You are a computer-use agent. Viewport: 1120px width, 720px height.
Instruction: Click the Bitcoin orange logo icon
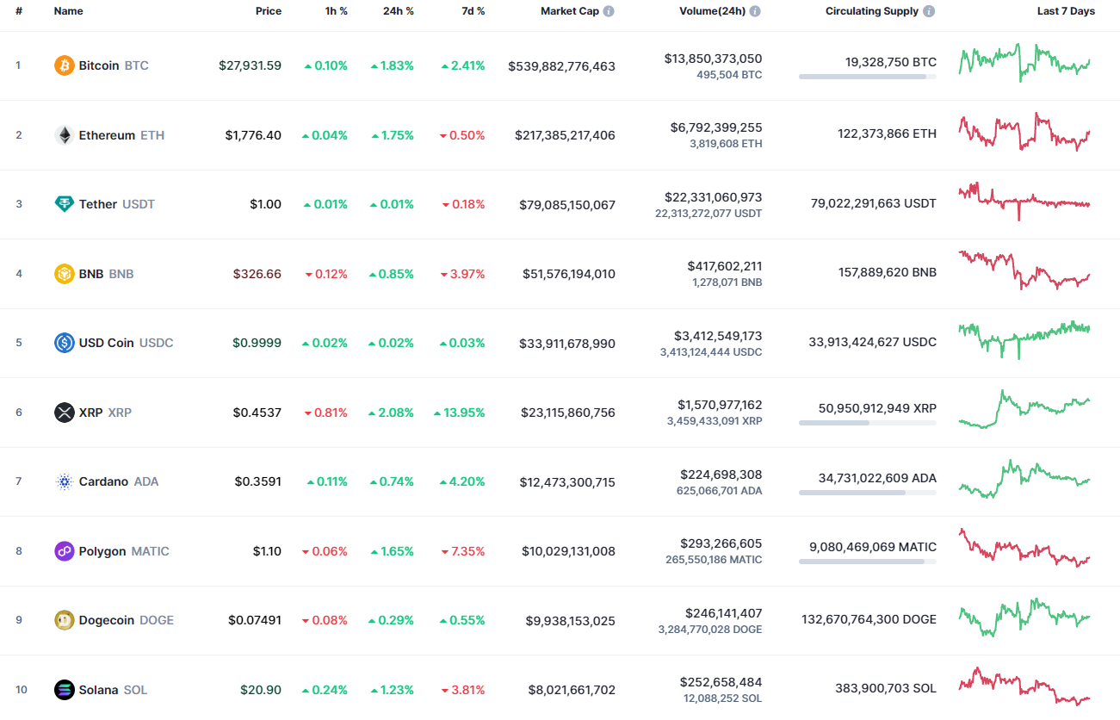tap(65, 65)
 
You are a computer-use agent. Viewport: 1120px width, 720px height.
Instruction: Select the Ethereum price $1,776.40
tap(253, 135)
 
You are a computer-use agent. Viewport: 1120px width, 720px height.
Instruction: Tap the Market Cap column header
tap(571, 11)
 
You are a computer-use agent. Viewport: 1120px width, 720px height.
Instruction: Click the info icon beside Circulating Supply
tap(928, 11)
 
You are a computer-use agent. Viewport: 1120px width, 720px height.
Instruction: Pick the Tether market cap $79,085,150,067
tap(567, 204)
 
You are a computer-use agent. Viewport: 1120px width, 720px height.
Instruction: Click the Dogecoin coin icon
tap(65, 620)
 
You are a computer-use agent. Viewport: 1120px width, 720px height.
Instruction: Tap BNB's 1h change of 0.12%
tap(326, 274)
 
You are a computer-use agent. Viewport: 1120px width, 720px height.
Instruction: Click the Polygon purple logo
tap(65, 551)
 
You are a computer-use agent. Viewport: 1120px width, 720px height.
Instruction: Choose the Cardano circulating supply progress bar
tap(867, 493)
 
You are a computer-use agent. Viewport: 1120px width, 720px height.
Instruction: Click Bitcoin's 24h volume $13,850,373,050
tap(713, 59)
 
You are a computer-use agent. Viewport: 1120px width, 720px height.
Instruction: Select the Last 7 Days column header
tap(1066, 11)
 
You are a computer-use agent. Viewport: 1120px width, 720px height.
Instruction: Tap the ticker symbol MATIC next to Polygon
tap(150, 551)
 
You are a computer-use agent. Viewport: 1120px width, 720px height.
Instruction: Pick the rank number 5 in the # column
tap(19, 343)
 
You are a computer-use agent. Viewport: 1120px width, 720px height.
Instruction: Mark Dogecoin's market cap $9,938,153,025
tap(571, 620)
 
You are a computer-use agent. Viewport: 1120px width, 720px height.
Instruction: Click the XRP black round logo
tap(65, 413)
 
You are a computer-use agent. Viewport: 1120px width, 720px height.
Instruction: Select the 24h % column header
tap(398, 11)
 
